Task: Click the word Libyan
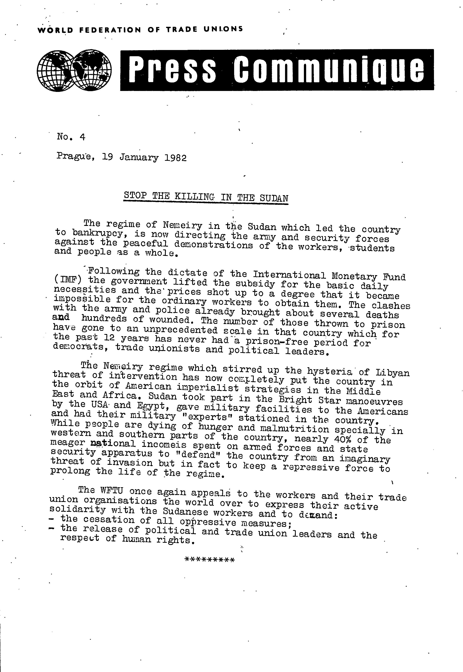pos(392,373)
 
